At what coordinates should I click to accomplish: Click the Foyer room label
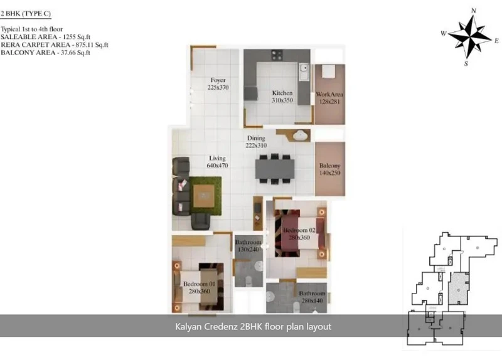click(218, 80)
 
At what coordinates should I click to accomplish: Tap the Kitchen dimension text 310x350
click(282, 100)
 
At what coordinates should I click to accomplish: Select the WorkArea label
click(329, 95)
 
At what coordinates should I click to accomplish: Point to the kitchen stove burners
click(277, 55)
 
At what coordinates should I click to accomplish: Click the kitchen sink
click(304, 71)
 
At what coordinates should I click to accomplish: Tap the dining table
click(275, 169)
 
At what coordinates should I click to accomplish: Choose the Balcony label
click(330, 166)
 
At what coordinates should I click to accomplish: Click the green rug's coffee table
click(203, 196)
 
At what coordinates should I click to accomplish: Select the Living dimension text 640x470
click(217, 166)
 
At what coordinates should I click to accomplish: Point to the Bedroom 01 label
click(199, 284)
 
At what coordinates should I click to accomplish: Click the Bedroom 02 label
click(299, 230)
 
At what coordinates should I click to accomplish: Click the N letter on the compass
click(474, 11)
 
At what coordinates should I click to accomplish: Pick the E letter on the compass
click(496, 41)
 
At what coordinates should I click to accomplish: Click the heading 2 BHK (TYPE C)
click(26, 13)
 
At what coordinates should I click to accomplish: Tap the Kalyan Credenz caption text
click(253, 326)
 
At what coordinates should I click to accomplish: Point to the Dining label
click(256, 138)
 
